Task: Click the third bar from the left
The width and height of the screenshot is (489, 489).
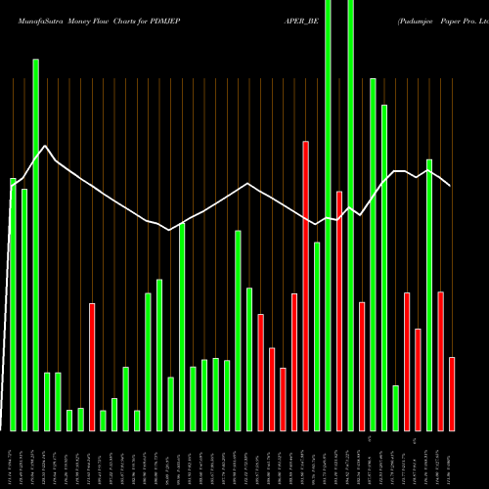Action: click(36, 244)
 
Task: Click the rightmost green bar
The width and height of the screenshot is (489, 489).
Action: click(429, 294)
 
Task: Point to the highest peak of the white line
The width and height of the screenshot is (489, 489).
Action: click(46, 146)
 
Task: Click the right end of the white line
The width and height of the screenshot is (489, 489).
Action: click(450, 186)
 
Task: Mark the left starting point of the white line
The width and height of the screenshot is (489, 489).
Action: click(12, 185)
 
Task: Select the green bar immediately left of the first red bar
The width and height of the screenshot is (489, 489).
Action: click(81, 420)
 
